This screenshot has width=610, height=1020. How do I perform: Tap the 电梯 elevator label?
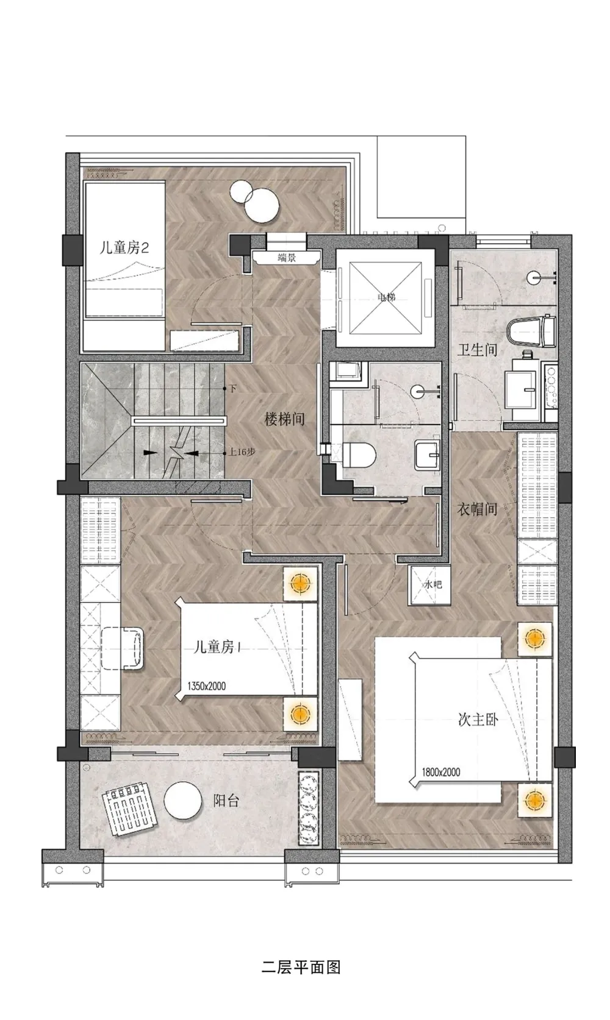click(387, 297)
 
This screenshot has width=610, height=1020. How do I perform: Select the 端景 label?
click(287, 258)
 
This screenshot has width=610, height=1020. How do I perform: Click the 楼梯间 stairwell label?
click(284, 419)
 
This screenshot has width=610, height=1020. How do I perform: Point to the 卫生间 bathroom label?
click(478, 350)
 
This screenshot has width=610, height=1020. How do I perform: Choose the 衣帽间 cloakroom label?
click(478, 509)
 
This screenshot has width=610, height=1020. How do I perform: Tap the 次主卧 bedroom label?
click(478, 720)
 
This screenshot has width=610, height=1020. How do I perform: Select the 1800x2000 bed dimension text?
click(440, 772)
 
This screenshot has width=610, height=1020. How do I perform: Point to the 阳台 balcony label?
click(226, 801)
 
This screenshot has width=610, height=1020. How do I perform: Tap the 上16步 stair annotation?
click(242, 453)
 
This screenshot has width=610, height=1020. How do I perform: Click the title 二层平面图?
click(301, 966)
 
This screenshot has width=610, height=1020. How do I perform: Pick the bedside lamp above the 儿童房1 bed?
click(300, 584)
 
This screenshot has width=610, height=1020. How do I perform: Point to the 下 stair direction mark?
click(232, 388)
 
